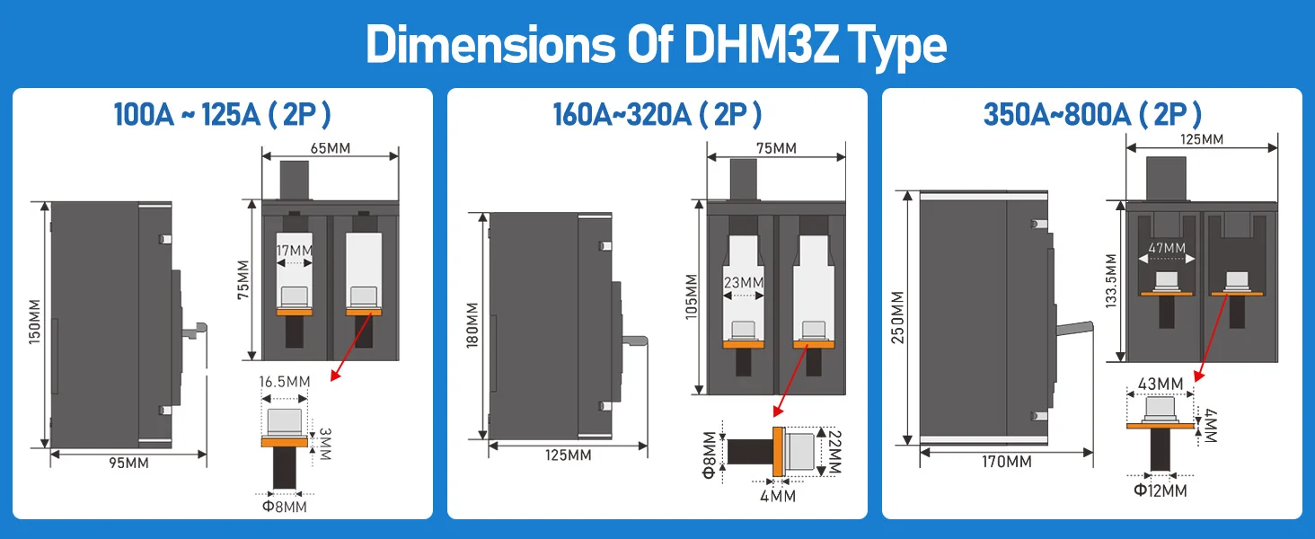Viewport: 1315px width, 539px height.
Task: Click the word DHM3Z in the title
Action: pyautogui.click(x=761, y=45)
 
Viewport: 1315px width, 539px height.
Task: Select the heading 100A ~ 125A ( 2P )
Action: pyautogui.click(x=223, y=114)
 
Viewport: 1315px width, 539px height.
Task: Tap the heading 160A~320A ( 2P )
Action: pyautogui.click(x=657, y=114)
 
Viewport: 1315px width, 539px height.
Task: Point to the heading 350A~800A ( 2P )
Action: pyautogui.click(x=1092, y=114)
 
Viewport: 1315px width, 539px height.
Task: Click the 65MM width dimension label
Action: pyautogui.click(x=331, y=148)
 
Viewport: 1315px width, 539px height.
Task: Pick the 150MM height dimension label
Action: pyautogui.click(x=35, y=322)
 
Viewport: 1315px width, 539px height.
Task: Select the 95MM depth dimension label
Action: pyautogui.click(x=129, y=463)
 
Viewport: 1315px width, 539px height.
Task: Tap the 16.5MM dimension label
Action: pyautogui.click(x=285, y=382)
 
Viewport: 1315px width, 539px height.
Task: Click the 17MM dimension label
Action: pyautogui.click(x=295, y=251)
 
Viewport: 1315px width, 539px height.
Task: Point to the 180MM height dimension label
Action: pyautogui.click(x=472, y=325)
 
